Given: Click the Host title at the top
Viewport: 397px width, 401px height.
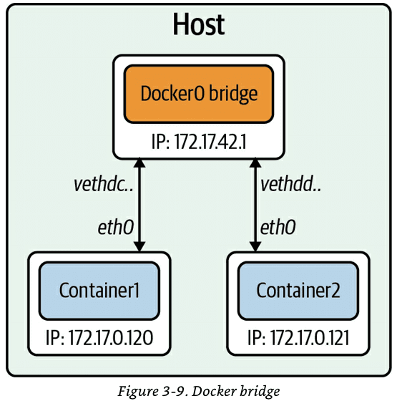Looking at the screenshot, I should [198, 26].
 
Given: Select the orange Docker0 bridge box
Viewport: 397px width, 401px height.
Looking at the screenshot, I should [198, 93].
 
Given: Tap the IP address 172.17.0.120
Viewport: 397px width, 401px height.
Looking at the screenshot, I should [99, 337].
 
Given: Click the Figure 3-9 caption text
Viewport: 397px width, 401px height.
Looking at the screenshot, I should [198, 390].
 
